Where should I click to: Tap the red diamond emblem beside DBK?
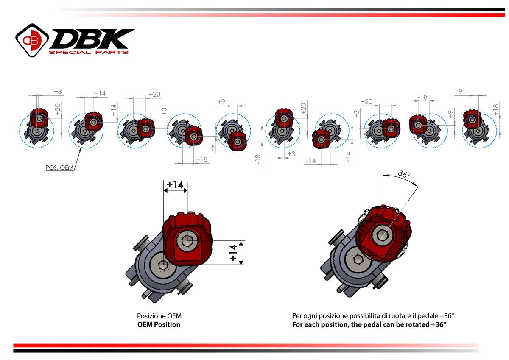tap(32, 40)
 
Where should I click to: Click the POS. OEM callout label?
tap(59, 167)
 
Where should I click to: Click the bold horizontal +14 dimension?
tap(175, 185)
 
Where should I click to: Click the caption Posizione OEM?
tap(159, 316)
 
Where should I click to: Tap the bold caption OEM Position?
tap(159, 324)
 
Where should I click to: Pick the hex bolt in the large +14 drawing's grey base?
tap(163, 265)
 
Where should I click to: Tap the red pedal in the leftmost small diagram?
tap(39, 119)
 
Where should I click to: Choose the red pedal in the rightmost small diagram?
tap(472, 119)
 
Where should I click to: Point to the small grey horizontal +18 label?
tap(201, 159)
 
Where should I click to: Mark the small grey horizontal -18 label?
tap(422, 97)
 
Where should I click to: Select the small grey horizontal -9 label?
tap(459, 91)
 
